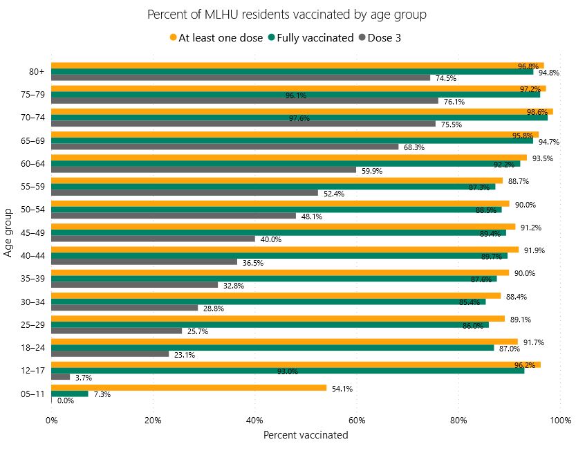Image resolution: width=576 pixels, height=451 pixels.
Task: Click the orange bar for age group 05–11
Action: click(188, 388)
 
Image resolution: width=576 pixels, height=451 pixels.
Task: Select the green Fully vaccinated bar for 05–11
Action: click(69, 394)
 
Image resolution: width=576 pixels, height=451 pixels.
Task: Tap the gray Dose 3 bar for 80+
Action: click(240, 77)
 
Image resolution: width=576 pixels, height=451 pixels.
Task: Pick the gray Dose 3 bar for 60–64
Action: click(203, 169)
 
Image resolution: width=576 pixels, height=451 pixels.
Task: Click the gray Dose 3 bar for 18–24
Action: click(109, 353)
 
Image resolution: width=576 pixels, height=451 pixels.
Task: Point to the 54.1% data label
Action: click(342, 389)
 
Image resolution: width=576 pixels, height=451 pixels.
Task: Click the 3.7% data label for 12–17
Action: click(83, 378)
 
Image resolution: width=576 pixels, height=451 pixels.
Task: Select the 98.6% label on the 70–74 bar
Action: click(538, 112)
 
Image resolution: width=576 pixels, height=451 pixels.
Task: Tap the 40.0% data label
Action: click(270, 239)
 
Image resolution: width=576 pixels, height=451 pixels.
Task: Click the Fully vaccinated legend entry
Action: click(310, 38)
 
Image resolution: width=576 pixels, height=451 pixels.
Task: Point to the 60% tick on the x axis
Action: click(357, 420)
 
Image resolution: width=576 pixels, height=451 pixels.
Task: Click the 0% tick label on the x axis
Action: click(51, 420)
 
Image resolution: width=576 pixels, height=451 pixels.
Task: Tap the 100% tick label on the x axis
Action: click(560, 420)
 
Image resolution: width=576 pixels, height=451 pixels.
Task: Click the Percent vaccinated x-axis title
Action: click(306, 435)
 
